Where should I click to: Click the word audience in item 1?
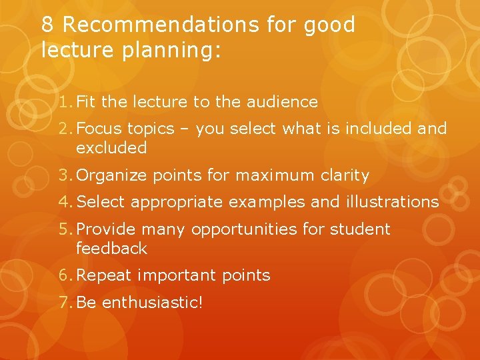(x=283, y=102)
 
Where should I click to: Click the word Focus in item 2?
(x=100, y=129)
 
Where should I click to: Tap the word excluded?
(x=111, y=148)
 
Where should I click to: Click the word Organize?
(x=113, y=175)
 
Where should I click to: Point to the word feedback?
(x=111, y=249)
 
